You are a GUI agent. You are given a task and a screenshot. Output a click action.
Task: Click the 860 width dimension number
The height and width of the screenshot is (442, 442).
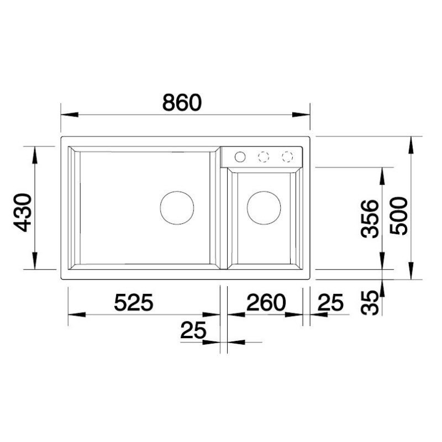pos(182,102)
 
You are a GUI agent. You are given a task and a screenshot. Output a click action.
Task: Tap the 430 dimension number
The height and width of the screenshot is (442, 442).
pos(23,213)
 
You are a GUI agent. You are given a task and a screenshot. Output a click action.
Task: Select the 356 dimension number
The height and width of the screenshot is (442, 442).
pos(370,219)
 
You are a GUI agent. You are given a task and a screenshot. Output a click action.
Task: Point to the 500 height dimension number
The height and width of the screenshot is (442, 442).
pos(398,215)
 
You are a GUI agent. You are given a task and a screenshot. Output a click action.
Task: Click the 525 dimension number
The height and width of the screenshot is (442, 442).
pos(134,302)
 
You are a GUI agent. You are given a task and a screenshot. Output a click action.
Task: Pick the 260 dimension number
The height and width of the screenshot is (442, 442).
pos(266,302)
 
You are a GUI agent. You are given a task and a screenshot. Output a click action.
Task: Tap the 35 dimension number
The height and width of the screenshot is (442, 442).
pos(370,302)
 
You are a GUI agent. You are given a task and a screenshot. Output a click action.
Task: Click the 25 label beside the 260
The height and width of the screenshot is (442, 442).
pos(330,302)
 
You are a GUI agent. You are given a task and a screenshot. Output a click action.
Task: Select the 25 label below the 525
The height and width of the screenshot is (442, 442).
pos(193,330)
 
